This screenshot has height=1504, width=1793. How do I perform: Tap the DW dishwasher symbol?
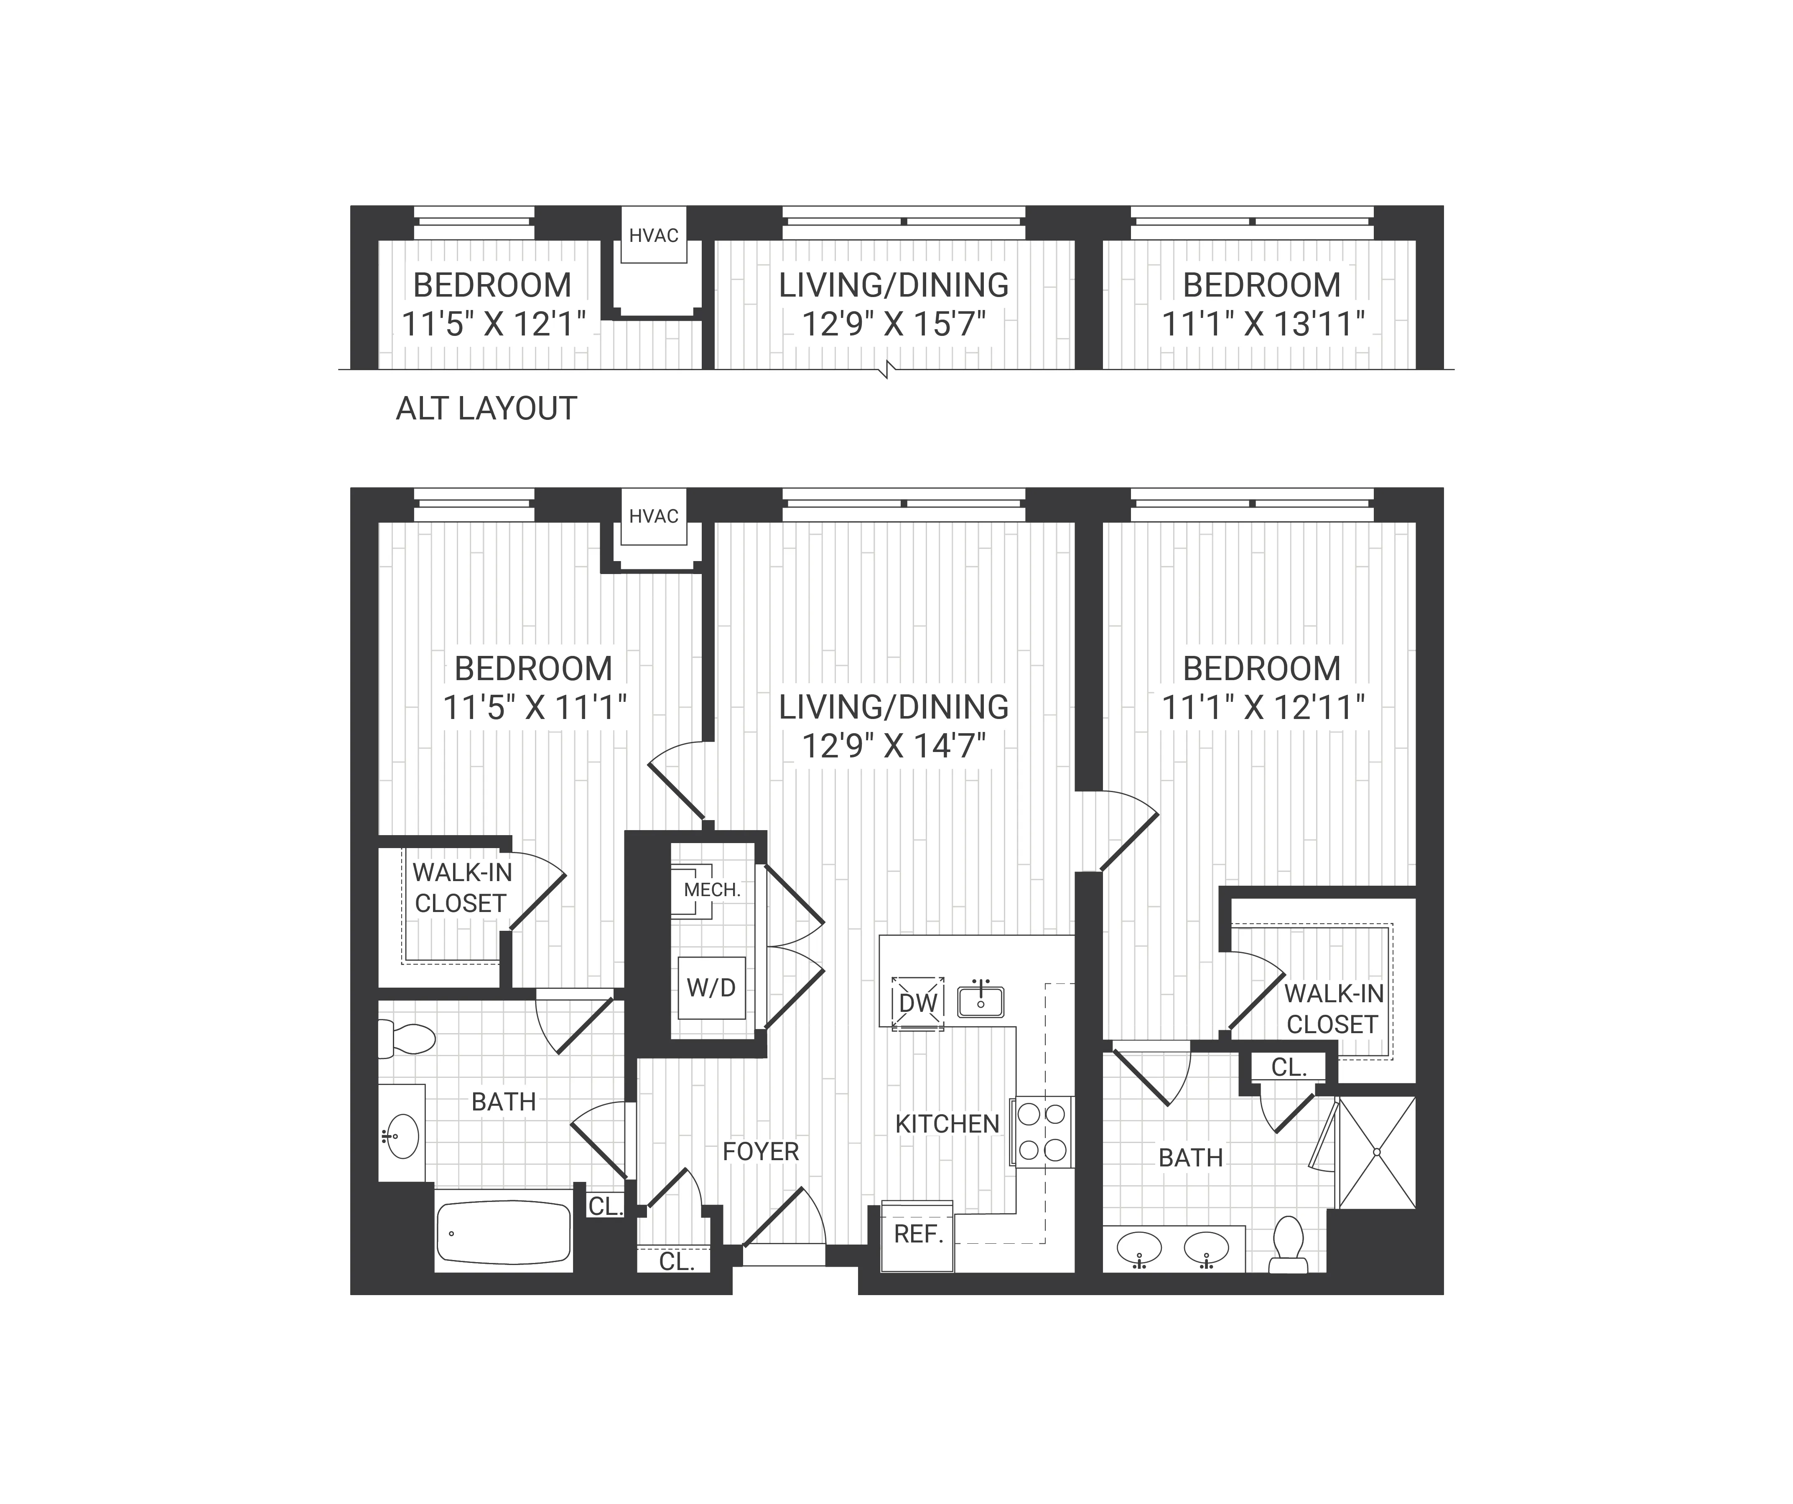(x=918, y=1003)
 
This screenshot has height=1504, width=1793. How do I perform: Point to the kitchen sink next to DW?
(x=980, y=1001)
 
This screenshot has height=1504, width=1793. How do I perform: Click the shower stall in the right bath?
(x=1376, y=1152)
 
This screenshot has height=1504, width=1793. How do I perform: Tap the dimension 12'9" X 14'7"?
(x=894, y=746)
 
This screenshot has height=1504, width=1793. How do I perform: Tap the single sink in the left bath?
(x=401, y=1135)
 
